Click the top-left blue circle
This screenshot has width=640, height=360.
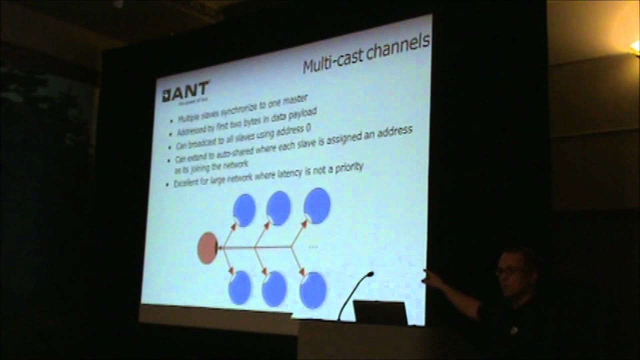(244, 210)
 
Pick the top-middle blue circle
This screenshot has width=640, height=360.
(278, 207)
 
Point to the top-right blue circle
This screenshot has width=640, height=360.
(317, 205)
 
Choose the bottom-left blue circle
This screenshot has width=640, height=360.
(240, 288)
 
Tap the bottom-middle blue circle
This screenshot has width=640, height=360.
(274, 289)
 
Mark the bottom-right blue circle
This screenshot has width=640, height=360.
(313, 290)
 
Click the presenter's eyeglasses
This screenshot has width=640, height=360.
(508, 271)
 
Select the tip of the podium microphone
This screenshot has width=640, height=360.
(369, 274)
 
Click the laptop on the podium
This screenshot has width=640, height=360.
(380, 312)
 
